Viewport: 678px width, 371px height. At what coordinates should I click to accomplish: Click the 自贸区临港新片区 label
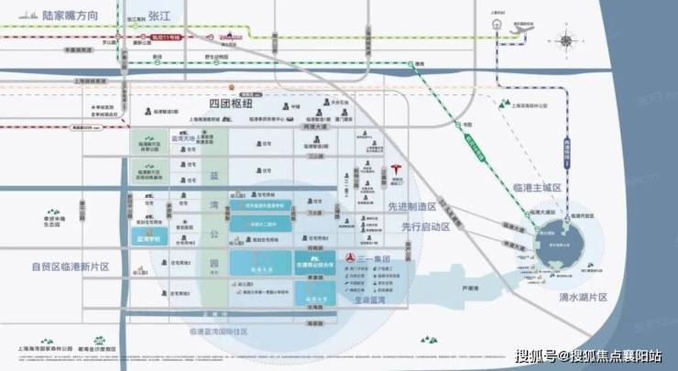[x=69, y=267]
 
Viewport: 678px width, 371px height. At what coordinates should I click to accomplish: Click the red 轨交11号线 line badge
[x=168, y=38]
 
